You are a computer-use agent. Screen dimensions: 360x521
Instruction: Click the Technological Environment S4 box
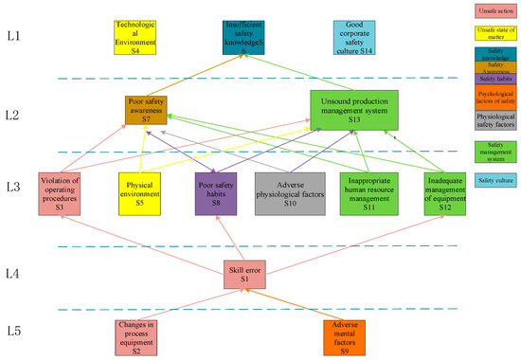135,37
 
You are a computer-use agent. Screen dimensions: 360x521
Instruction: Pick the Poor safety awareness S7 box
146,112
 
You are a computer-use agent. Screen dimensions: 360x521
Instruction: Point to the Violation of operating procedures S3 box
59,193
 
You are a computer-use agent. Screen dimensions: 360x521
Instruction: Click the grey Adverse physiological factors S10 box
291,193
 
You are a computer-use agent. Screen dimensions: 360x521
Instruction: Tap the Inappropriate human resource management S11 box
371,193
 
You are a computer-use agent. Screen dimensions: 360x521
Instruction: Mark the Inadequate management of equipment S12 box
445,193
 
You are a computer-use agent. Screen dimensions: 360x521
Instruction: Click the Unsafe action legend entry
491,10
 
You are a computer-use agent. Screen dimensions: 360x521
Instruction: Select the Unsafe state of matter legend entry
491,36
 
